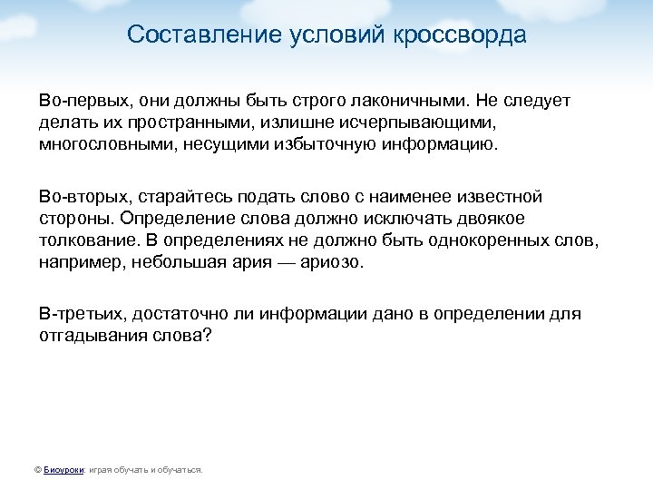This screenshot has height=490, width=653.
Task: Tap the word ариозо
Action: pos(332,262)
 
